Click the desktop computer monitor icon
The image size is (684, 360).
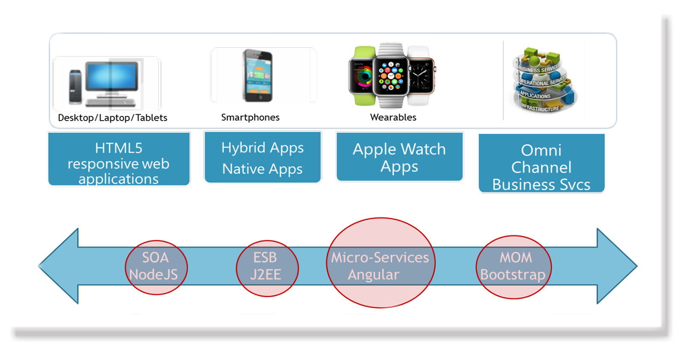(x=112, y=77)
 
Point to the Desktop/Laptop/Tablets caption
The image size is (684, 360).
(x=112, y=118)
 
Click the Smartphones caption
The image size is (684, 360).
(x=250, y=117)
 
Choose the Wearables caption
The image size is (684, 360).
(x=393, y=117)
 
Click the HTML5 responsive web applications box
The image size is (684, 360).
(x=119, y=159)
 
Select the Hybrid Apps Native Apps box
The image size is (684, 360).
(x=262, y=157)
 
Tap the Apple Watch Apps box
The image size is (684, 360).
(x=399, y=157)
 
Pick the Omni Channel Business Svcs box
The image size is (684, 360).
(x=541, y=163)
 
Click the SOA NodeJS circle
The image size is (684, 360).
(x=156, y=267)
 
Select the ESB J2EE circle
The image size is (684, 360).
(x=267, y=268)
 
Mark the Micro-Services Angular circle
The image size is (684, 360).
(x=380, y=263)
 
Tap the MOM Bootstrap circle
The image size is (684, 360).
(x=513, y=267)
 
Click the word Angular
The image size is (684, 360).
(x=373, y=274)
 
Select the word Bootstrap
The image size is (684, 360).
(x=513, y=274)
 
